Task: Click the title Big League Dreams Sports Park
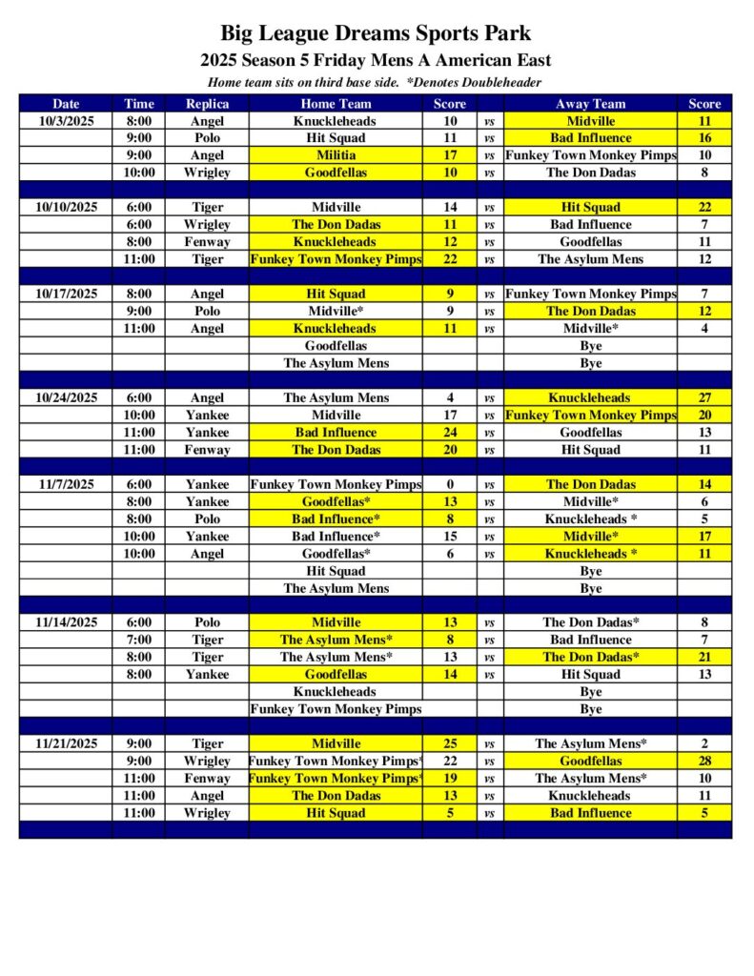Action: point(376,35)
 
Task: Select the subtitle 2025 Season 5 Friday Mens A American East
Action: point(376,61)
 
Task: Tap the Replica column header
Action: point(207,104)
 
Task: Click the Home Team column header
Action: point(336,104)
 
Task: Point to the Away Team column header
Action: point(590,104)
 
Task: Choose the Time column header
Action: point(138,104)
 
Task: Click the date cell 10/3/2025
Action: point(66,121)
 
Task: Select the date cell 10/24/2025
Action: point(66,397)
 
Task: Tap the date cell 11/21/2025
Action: point(66,743)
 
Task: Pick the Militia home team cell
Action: point(336,155)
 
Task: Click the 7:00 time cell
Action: point(138,640)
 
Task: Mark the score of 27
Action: point(704,397)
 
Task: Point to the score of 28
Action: point(704,761)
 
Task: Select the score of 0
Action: point(450,484)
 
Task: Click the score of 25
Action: point(450,743)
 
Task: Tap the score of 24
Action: point(450,432)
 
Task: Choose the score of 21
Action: point(704,657)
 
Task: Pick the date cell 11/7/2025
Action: point(66,484)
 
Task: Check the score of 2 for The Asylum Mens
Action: point(704,743)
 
